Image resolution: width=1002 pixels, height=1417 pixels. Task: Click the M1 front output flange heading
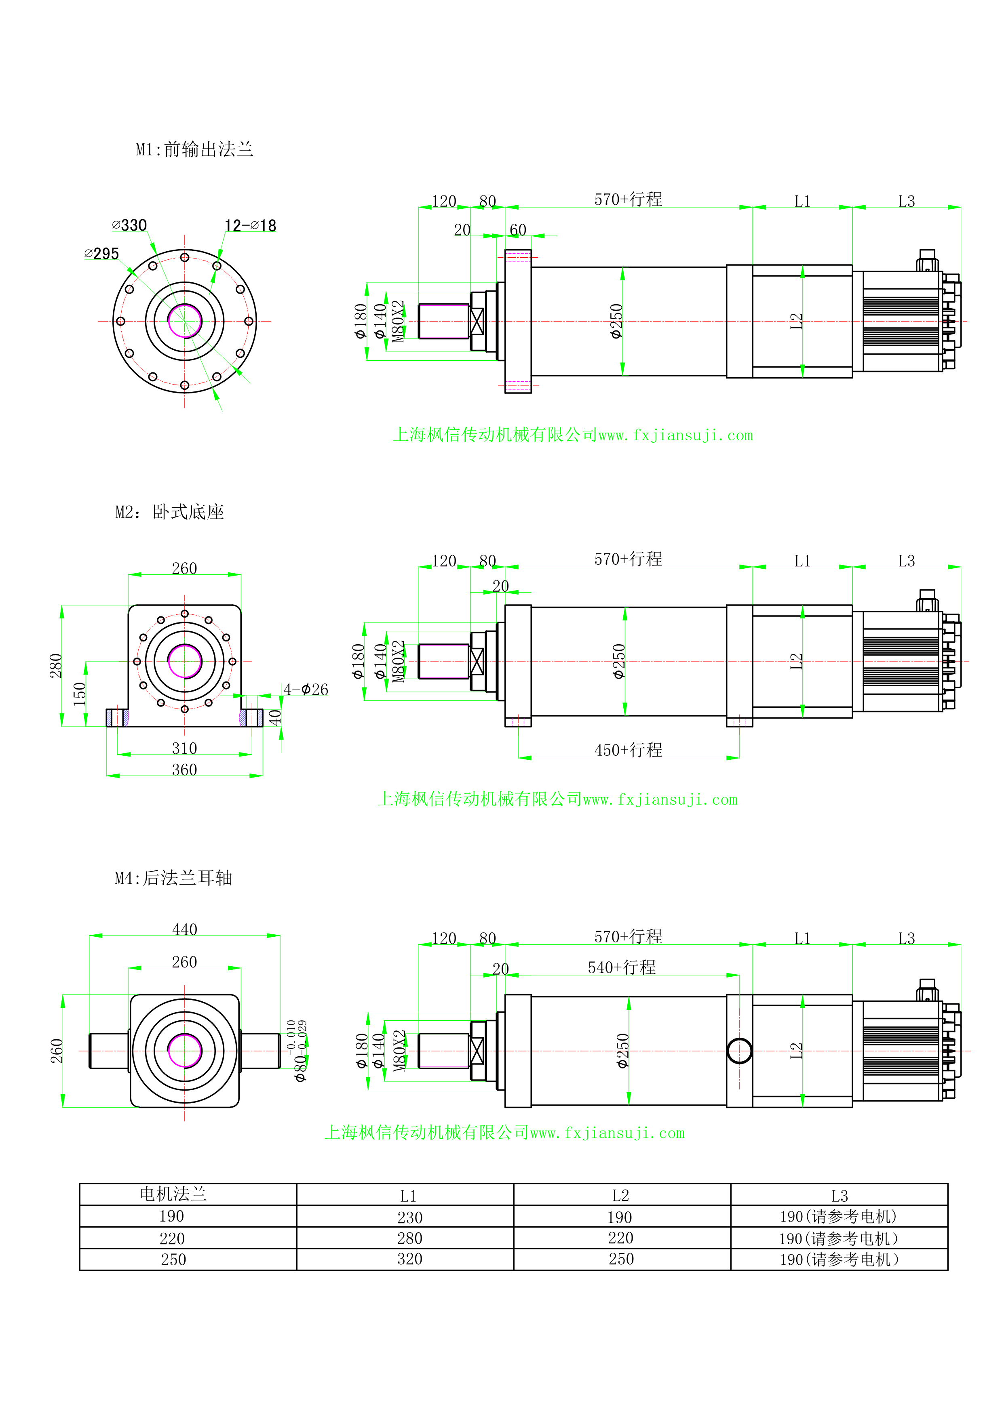coord(194,149)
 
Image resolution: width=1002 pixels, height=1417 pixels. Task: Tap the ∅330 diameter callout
coord(130,225)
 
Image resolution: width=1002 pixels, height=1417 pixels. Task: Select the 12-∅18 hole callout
coord(250,226)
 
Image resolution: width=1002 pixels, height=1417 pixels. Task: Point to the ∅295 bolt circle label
coord(102,254)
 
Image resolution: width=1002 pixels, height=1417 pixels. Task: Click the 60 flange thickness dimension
coord(518,230)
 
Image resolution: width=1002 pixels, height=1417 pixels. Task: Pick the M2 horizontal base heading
coord(170,512)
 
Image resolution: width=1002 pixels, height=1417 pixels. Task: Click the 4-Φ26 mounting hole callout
coord(306,690)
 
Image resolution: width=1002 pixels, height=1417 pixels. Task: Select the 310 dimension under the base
coord(185,748)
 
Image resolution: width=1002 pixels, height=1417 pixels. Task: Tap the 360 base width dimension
coord(185,770)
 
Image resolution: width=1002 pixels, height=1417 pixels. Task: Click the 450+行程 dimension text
coord(628,751)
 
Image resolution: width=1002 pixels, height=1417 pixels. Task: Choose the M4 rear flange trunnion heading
coord(173,878)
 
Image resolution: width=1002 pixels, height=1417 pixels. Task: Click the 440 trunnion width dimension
coord(185,929)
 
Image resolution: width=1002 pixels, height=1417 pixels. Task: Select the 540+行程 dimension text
coord(621,968)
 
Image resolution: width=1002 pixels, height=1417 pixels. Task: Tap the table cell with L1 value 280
coord(409,1238)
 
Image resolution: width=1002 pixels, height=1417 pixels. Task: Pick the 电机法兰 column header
coord(173,1194)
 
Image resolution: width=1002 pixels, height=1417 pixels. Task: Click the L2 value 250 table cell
coord(621,1259)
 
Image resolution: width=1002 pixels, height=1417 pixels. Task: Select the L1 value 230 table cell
coord(409,1217)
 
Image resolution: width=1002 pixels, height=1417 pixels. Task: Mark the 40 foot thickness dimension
coord(275,717)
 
